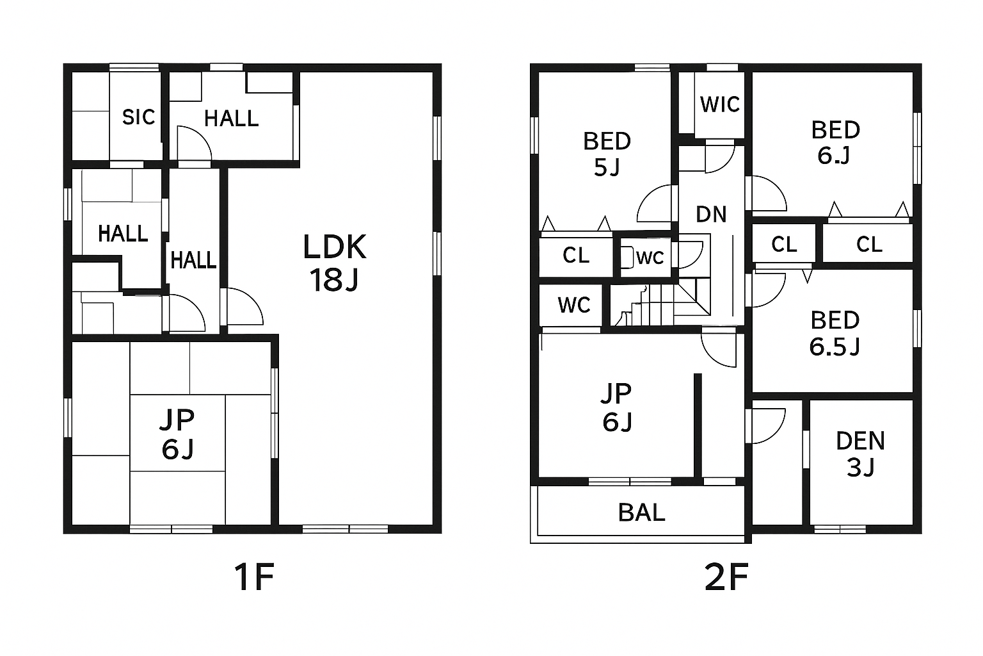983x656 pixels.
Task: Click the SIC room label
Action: [138, 117]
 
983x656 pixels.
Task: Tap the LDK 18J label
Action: [335, 263]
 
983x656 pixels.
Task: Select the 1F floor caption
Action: [255, 577]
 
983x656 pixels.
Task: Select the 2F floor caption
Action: [726, 577]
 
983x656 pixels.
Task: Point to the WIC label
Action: [720, 104]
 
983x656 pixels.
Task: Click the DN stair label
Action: [712, 214]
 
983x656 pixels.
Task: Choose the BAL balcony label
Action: [642, 512]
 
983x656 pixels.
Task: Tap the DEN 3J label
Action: [861, 454]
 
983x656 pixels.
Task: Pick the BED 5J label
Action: [607, 154]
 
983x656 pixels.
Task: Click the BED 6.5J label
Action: [835, 334]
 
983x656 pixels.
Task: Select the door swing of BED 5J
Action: [655, 203]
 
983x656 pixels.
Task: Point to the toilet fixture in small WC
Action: [627, 258]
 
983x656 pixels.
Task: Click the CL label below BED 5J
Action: [576, 255]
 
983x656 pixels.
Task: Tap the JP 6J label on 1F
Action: [177, 434]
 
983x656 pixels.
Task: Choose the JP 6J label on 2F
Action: [616, 407]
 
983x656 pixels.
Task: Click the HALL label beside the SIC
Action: [231, 119]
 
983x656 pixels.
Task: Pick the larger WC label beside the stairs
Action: [574, 305]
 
